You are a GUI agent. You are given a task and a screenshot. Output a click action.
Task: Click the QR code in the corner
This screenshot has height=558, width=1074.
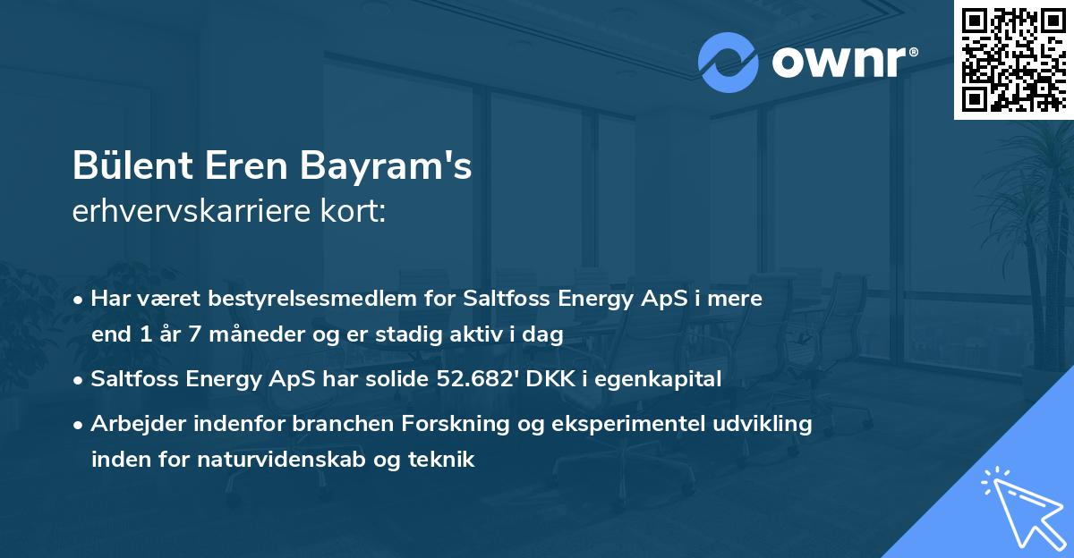[x=1013, y=59]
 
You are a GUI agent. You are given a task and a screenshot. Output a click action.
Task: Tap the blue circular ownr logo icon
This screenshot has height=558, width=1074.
[x=729, y=63]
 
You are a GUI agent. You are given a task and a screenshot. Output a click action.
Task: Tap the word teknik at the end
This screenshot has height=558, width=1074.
[x=445, y=460]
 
